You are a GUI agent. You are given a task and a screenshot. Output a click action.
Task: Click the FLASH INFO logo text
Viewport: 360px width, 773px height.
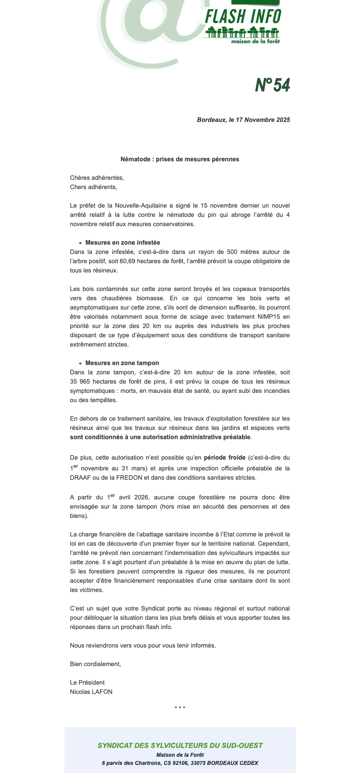243,17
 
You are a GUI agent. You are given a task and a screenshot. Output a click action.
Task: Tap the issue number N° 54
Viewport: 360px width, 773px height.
272,85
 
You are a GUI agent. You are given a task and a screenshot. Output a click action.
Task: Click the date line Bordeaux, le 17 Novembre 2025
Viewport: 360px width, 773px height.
243,120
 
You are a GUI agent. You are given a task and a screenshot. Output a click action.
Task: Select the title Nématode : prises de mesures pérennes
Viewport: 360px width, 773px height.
180,159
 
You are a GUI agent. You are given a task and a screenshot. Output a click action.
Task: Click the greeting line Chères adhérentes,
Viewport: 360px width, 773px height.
97,178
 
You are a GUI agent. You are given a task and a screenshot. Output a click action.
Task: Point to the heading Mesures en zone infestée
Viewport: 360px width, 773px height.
123,243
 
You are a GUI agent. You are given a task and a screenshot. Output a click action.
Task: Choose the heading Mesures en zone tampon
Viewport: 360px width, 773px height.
122,363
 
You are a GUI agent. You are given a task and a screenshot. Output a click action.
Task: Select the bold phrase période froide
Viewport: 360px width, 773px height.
225,458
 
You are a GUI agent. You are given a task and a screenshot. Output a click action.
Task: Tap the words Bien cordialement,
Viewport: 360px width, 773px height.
95,664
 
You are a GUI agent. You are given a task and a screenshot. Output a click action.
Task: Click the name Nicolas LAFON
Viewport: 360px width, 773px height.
91,692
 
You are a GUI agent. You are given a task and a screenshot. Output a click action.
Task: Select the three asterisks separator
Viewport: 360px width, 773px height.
180,708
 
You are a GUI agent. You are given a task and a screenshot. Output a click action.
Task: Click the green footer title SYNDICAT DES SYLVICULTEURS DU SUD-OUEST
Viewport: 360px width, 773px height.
180,746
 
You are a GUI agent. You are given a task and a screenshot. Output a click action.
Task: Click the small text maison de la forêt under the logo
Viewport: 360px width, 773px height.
255,41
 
